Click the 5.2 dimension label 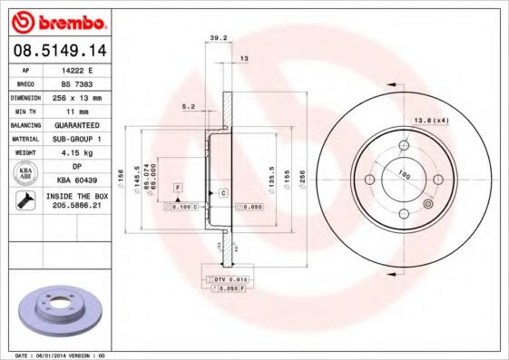(190, 106)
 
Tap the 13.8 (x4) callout (432, 121)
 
